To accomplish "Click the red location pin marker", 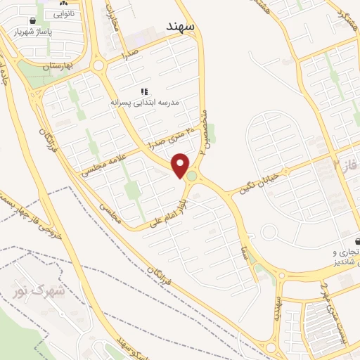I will tap(181, 165).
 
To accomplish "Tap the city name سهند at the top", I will tap(180, 26).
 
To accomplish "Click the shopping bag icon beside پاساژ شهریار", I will tap(33, 21).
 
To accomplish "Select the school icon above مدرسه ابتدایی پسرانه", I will tap(144, 91).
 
